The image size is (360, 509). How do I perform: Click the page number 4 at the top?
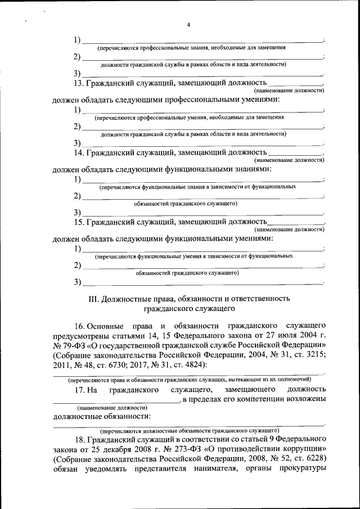click(188, 25)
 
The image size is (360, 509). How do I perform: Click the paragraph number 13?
click(79, 83)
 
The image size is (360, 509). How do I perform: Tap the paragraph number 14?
click(79, 152)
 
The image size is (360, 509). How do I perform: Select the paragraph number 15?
click(79, 222)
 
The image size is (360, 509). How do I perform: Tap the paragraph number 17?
click(79, 389)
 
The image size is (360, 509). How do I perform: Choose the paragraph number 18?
click(79, 438)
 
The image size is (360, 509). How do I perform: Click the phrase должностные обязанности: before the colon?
click(101, 417)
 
